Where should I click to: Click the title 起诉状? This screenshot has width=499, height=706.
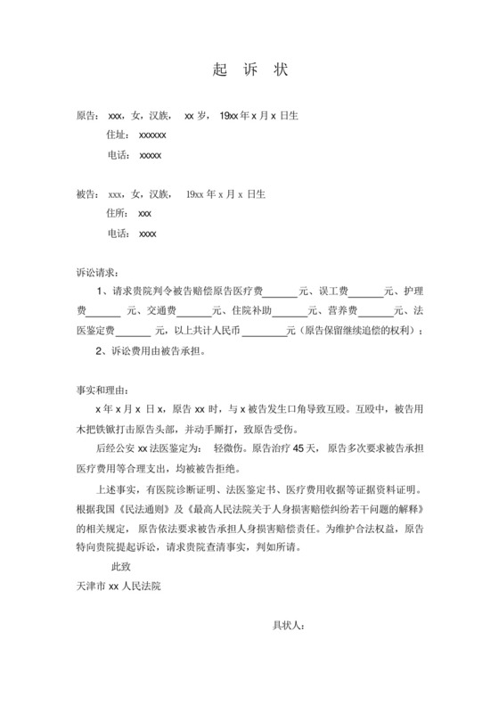pyautogui.click(x=250, y=70)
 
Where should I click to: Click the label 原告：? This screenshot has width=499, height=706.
pyautogui.click(x=87, y=116)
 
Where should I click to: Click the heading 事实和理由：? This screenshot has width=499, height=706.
pyautogui.click(x=102, y=390)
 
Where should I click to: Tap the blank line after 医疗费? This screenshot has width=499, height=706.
pyautogui.click(x=281, y=292)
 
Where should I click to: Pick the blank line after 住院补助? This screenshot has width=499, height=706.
pyautogui.click(x=289, y=312)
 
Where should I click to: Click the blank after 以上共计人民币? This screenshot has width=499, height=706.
pyautogui.click(x=264, y=332)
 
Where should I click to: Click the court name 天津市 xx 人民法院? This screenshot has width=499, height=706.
pyautogui.click(x=119, y=586)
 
